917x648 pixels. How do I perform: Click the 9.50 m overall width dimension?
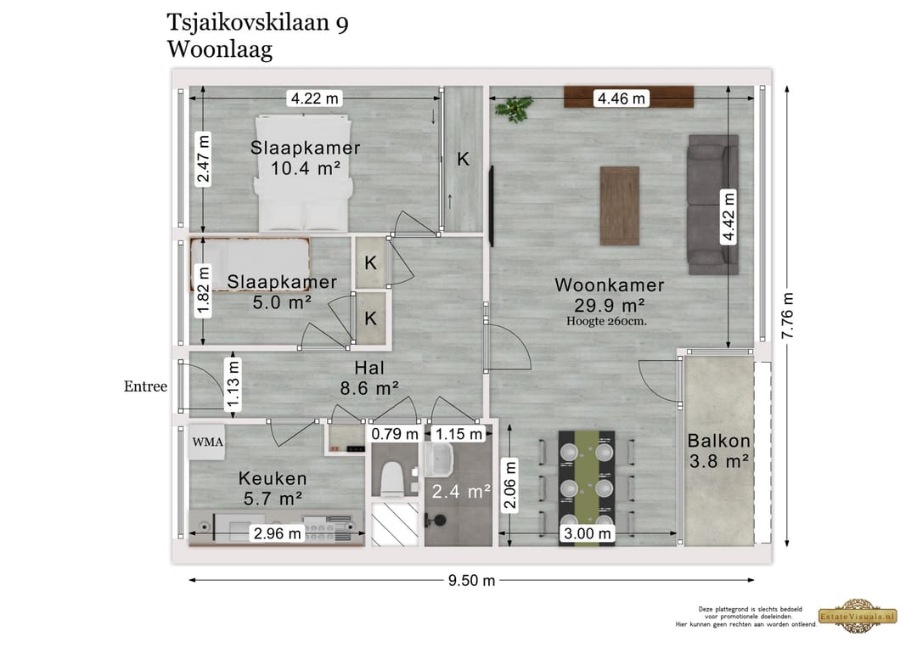tap(471, 581)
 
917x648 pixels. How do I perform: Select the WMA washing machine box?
tap(207, 442)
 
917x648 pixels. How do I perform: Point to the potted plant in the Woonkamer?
tap(515, 107)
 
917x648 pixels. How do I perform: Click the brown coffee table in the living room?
tap(619, 205)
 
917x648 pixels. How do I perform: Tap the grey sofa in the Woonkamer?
tap(712, 204)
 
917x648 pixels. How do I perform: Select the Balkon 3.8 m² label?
tap(718, 451)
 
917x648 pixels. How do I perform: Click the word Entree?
tap(145, 386)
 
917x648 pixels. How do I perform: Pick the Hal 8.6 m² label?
tap(371, 379)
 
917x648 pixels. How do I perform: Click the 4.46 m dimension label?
tap(622, 99)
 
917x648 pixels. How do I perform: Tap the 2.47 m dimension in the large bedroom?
tap(204, 158)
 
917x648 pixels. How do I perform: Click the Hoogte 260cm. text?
tap(609, 321)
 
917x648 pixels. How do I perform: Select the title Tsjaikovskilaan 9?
tap(257, 23)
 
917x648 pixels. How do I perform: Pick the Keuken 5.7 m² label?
tap(273, 488)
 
